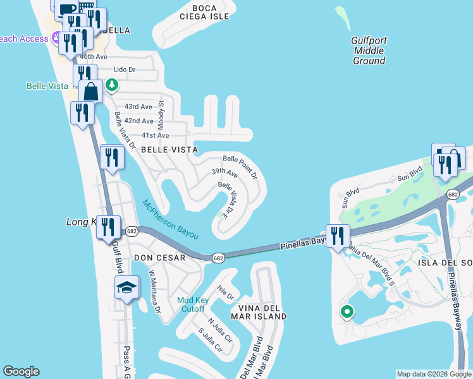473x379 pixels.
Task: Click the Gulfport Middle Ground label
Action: click(x=369, y=51)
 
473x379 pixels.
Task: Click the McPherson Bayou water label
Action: click(x=170, y=219)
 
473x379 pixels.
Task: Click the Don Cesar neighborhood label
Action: click(x=159, y=258)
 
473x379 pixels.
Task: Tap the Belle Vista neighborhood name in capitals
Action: click(x=169, y=150)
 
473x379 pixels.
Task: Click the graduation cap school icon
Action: click(x=126, y=287)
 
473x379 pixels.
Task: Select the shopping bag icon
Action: click(x=91, y=91)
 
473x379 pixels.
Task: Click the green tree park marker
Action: click(x=112, y=84)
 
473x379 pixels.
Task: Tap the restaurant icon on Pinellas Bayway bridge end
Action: click(x=338, y=235)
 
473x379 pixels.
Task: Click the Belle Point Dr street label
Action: click(x=240, y=167)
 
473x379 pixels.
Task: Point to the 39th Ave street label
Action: click(x=224, y=172)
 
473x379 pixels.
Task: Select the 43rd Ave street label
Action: click(x=138, y=107)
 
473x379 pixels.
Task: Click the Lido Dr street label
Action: click(x=124, y=69)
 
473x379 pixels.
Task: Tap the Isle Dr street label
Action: click(x=225, y=292)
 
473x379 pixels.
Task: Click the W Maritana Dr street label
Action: click(x=155, y=292)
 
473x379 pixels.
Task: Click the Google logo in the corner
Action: click(x=21, y=371)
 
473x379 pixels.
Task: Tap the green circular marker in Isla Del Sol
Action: click(x=346, y=311)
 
